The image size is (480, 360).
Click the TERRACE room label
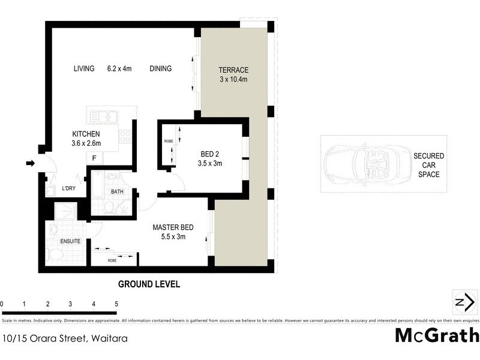pyautogui.click(x=233, y=70)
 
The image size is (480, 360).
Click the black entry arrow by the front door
pyautogui.click(x=29, y=163)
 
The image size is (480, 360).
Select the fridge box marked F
pyautogui.click(x=94, y=158)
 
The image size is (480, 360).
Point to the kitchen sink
pyautogui.click(x=104, y=116)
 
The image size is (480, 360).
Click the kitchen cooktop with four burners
pyautogui.click(x=125, y=137)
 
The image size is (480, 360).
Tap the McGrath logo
pyautogui.click(x=437, y=335)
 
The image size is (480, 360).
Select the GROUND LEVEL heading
pyautogui.click(x=149, y=284)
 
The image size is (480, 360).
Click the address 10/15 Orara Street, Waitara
pyautogui.click(x=65, y=338)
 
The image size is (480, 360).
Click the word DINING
pyautogui.click(x=160, y=68)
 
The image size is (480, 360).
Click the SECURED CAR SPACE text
pyautogui.click(x=428, y=165)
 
